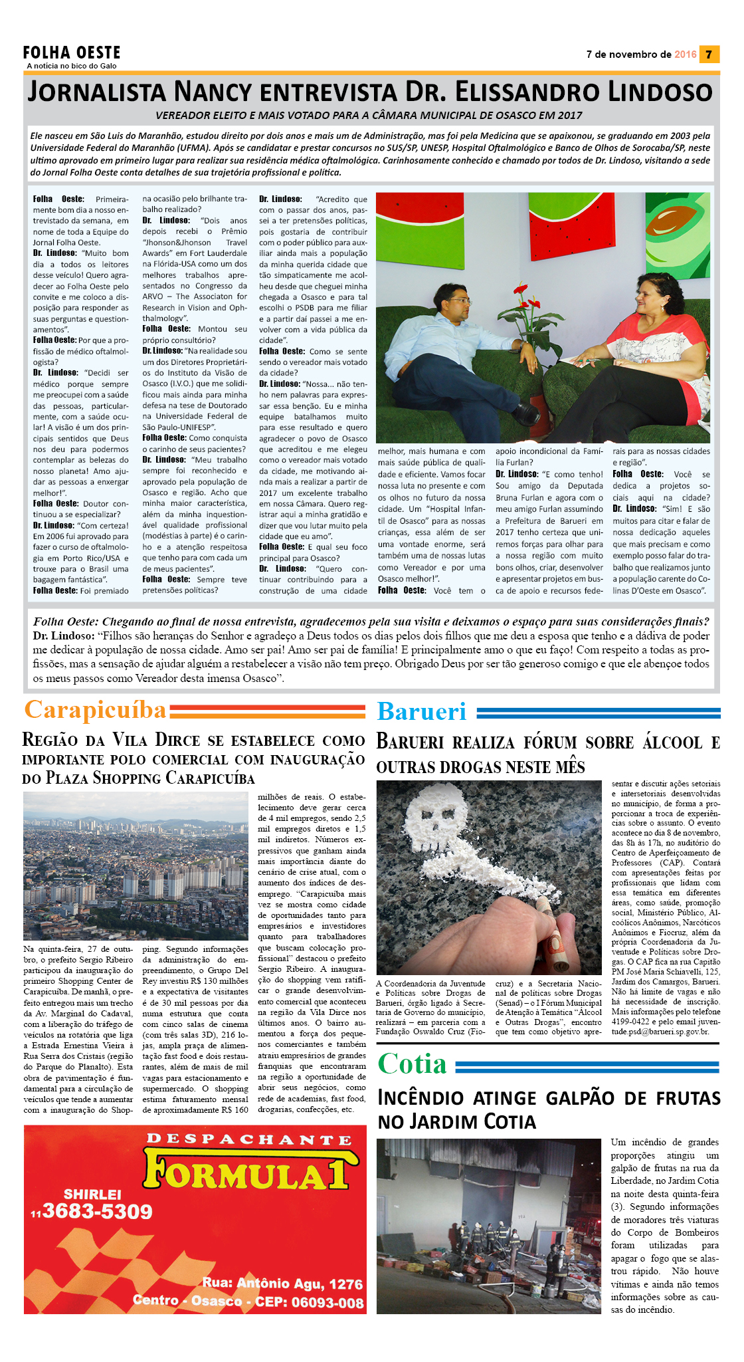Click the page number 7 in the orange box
coord(709,55)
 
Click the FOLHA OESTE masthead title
coord(72,53)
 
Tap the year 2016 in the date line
coord(685,55)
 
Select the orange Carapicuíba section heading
coord(95,709)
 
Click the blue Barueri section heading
coord(421,711)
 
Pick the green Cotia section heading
coord(412,1064)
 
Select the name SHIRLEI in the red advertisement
coord(92,1194)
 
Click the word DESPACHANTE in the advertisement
coord(249,1139)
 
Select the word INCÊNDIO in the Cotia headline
coord(432,1097)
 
